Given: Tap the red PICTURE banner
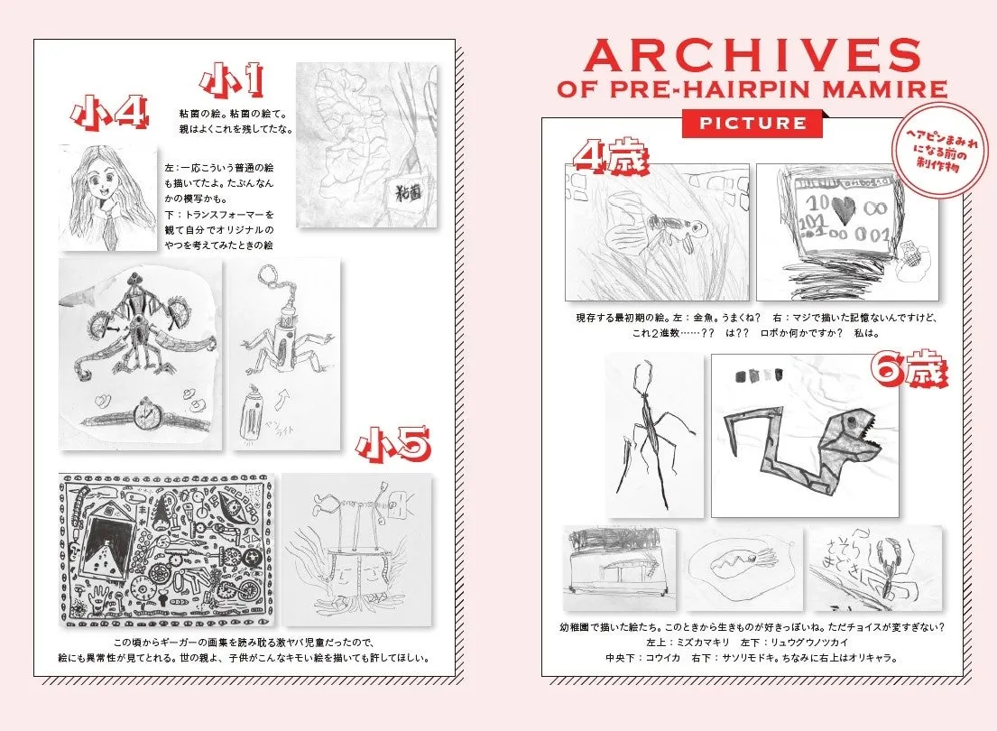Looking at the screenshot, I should [752, 123].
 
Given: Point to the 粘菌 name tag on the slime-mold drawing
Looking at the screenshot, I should [411, 190].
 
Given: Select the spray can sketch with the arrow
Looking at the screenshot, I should [254, 412].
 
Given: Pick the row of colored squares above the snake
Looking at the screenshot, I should [761, 374].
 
